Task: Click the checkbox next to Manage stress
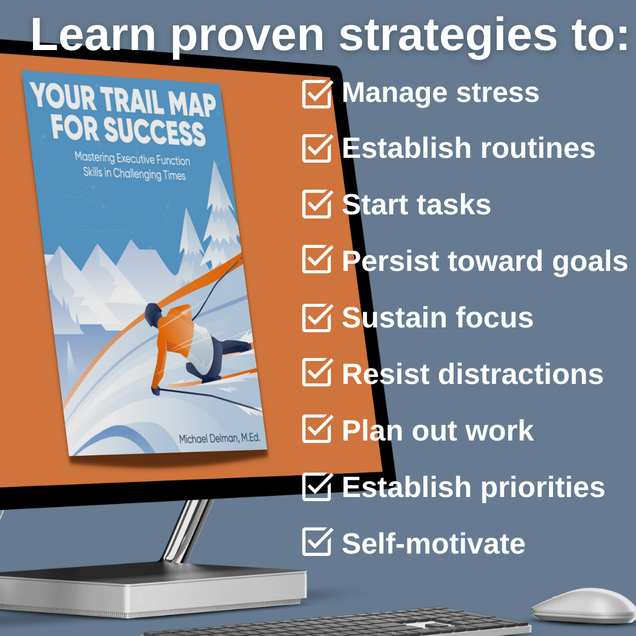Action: pyautogui.click(x=317, y=94)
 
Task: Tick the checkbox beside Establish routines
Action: pyautogui.click(x=317, y=148)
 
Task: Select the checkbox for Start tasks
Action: pyautogui.click(x=317, y=204)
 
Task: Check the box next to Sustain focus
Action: pyautogui.click(x=317, y=318)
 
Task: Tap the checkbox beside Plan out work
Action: pyautogui.click(x=317, y=430)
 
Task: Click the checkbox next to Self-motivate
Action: pyautogui.click(x=317, y=542)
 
